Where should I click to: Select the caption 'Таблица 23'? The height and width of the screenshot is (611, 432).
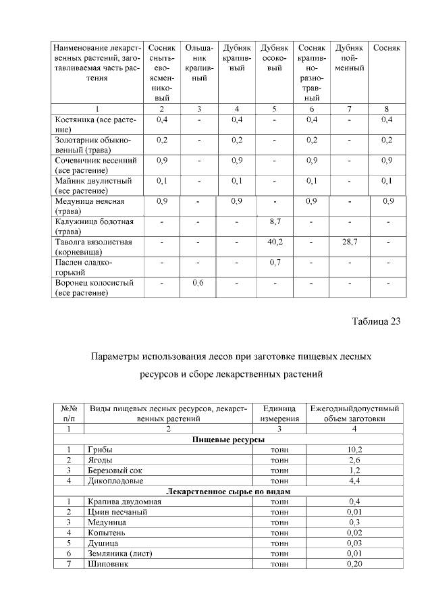(376, 321)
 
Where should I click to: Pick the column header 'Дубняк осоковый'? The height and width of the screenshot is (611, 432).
(274, 59)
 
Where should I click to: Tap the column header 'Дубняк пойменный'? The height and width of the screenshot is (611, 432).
(349, 59)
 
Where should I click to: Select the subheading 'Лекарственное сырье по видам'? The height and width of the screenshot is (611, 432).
(228, 492)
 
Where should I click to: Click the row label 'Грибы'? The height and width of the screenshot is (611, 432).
(100, 449)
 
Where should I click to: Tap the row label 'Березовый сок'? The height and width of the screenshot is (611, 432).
(116, 470)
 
